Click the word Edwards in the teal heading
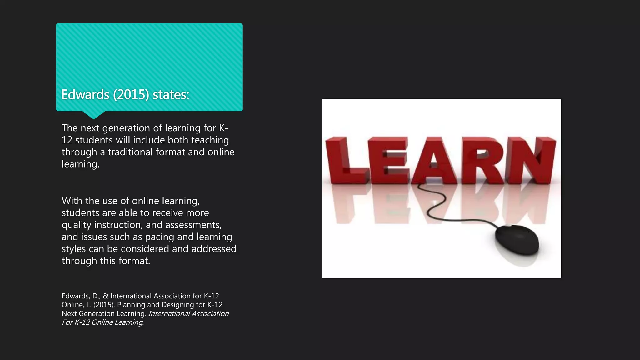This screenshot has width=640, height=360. pyautogui.click(x=85, y=95)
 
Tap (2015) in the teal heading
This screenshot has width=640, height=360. pyautogui.click(x=131, y=95)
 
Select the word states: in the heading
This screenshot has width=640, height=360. pyautogui.click(x=171, y=95)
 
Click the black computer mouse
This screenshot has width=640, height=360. pyautogui.click(x=517, y=240)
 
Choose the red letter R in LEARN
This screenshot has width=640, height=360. pyautogui.click(x=481, y=160)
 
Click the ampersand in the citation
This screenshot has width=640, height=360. pyautogui.click(x=106, y=296)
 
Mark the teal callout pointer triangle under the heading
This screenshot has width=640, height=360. pyautogui.click(x=93, y=114)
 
